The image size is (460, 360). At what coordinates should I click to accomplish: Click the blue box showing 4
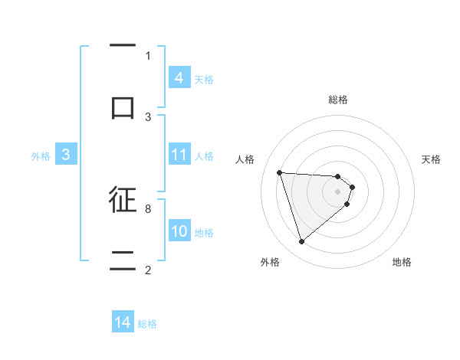click(x=179, y=78)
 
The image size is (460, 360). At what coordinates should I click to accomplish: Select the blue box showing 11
click(x=179, y=155)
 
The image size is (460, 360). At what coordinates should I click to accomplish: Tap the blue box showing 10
click(x=179, y=231)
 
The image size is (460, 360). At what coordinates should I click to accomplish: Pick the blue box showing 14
click(x=123, y=322)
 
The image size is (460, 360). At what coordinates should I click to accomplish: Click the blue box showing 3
click(x=66, y=155)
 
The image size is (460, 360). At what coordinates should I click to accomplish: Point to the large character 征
click(x=123, y=199)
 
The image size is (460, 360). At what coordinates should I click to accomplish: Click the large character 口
click(x=123, y=106)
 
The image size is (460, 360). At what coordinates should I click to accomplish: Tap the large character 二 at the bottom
click(x=123, y=260)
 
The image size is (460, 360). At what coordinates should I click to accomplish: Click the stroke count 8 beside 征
click(x=148, y=208)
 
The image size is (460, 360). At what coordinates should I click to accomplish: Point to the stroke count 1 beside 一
click(x=148, y=55)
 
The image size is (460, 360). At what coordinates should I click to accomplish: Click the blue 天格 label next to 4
click(x=204, y=79)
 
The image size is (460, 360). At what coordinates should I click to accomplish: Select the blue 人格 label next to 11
click(x=204, y=155)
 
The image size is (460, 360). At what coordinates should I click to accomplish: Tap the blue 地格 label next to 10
click(x=204, y=232)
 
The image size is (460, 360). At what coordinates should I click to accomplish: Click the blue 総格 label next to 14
click(x=148, y=323)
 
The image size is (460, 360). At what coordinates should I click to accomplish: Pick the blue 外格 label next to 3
click(x=41, y=155)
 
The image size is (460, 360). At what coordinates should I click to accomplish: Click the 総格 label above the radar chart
click(x=338, y=100)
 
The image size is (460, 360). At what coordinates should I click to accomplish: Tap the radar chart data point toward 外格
click(x=301, y=242)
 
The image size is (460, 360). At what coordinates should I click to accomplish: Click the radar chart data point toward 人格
click(x=279, y=172)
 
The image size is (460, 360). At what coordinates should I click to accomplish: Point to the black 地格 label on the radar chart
click(x=402, y=262)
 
